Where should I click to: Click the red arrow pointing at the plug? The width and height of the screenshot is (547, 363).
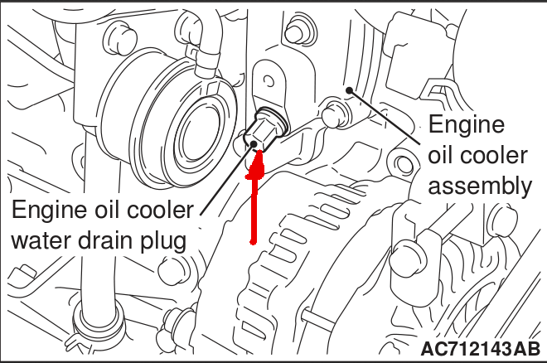255,196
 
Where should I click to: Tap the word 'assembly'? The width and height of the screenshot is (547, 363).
480,187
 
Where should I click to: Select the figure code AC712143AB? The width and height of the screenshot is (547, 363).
481,349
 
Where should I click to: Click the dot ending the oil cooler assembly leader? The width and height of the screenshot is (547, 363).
349,90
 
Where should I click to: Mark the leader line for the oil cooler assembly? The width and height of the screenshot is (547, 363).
385,117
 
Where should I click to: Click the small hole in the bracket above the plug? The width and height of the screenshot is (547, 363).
269,81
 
